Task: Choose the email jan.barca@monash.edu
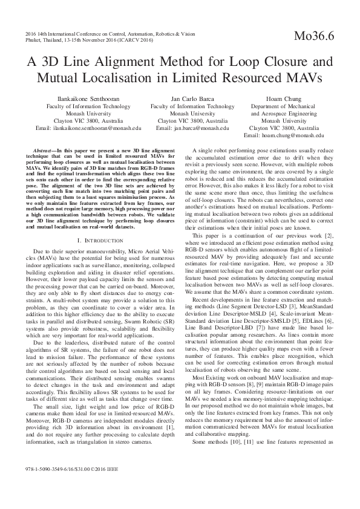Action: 192,128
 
